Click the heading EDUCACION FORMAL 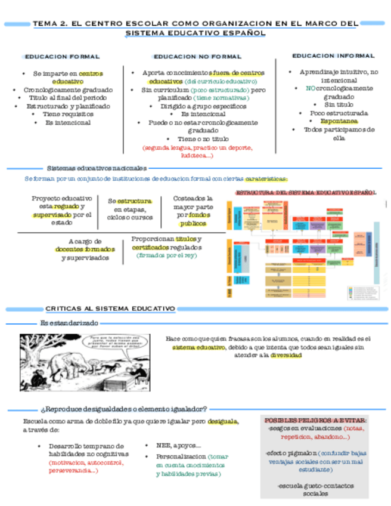pyautogui.click(x=61, y=57)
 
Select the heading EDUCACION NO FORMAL pyautogui.click(x=197, y=57)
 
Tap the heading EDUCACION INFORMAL pyautogui.click(x=333, y=55)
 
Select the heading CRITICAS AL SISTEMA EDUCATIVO pyautogui.click(x=110, y=308)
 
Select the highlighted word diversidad pyautogui.click(x=286, y=355)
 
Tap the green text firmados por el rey pyautogui.click(x=166, y=255)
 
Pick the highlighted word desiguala pyautogui.click(x=223, y=422)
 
